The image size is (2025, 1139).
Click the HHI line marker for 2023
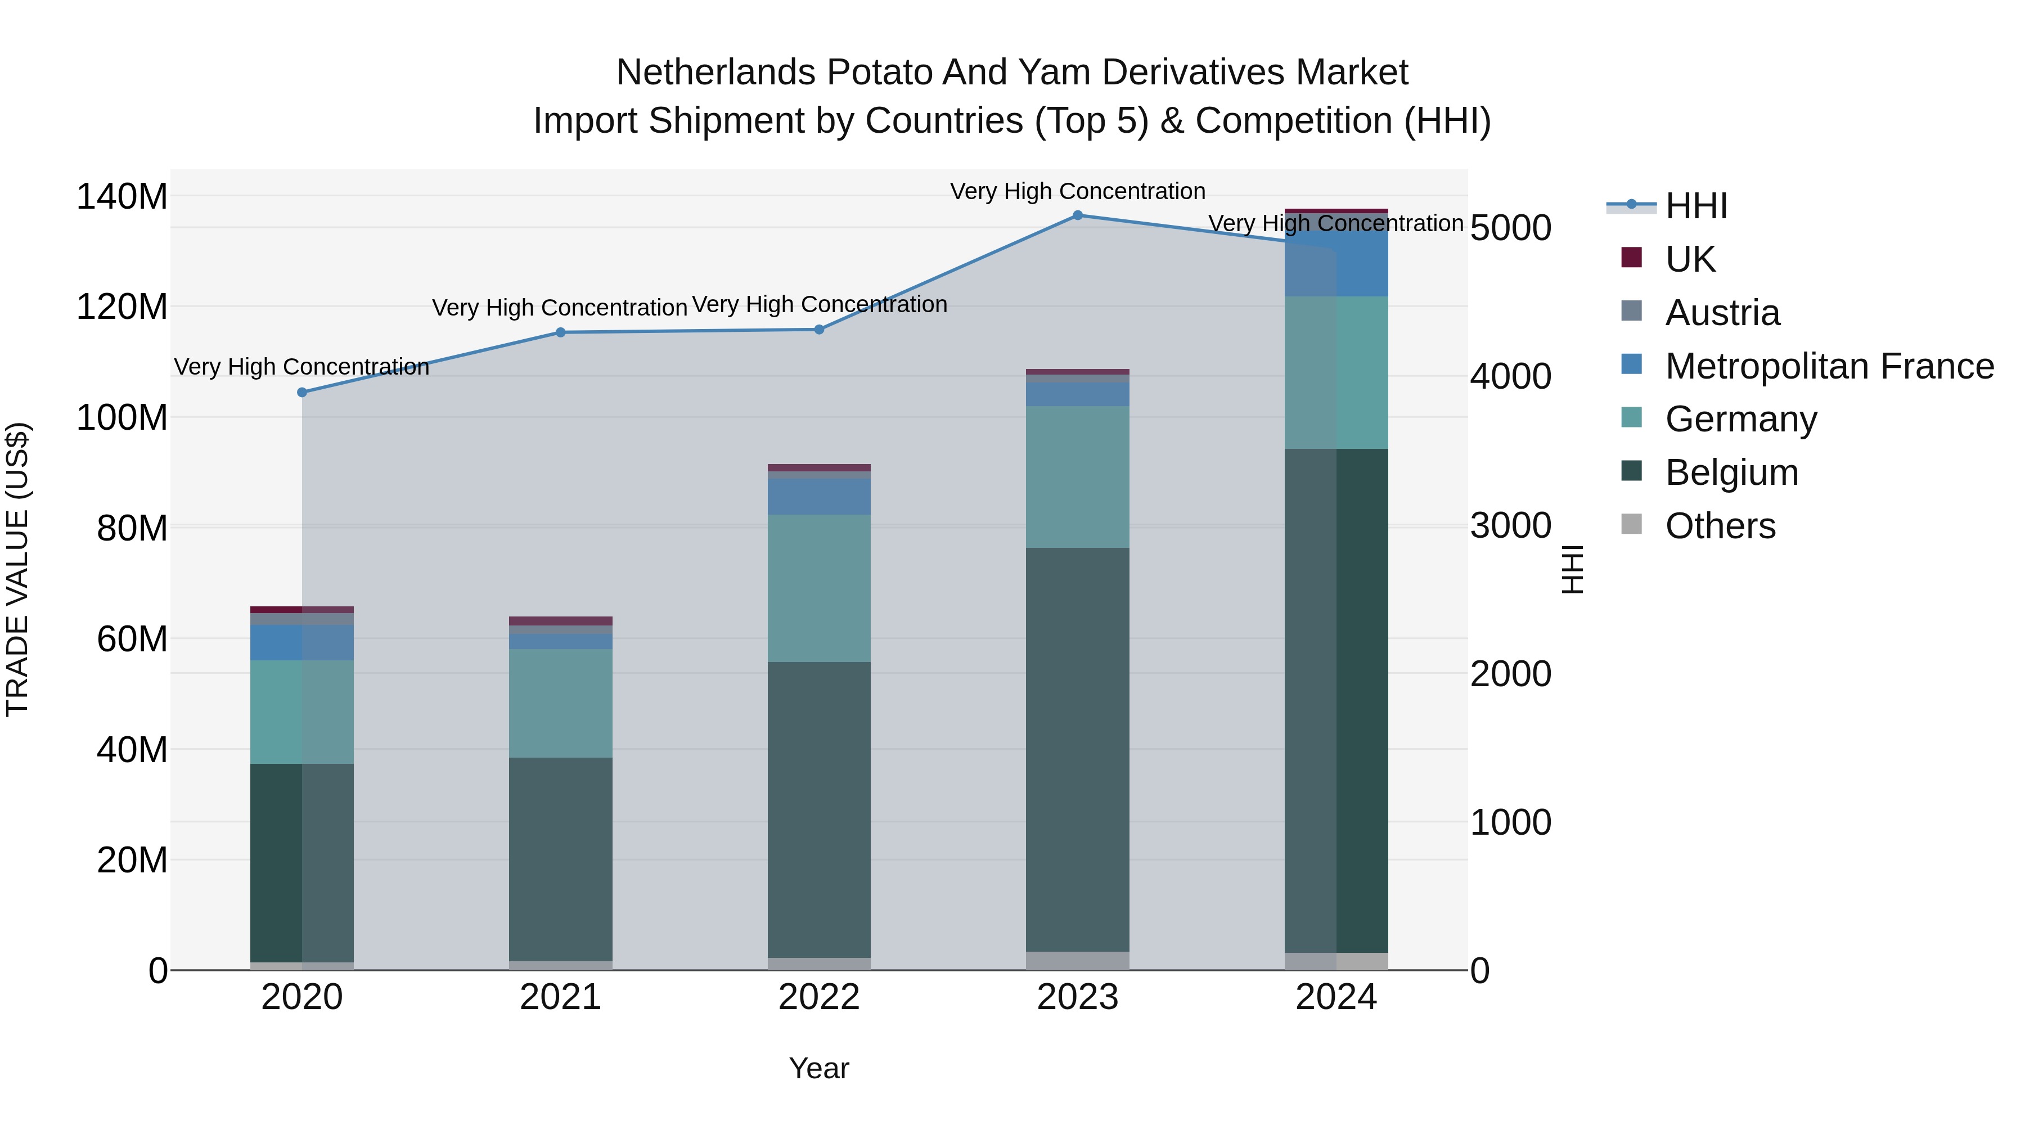click(1078, 215)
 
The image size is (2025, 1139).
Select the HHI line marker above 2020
click(302, 392)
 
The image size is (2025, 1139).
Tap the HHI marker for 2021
click(560, 332)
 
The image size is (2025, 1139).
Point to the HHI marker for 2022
click(819, 330)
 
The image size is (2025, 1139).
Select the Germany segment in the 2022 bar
click(819, 588)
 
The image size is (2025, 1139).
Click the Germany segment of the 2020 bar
click(302, 712)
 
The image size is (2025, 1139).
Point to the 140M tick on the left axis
click(122, 196)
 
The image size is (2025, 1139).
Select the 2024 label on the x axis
click(1336, 997)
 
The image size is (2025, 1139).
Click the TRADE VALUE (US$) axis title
click(17, 569)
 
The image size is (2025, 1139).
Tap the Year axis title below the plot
click(819, 1068)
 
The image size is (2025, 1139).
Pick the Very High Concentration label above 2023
click(1078, 191)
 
